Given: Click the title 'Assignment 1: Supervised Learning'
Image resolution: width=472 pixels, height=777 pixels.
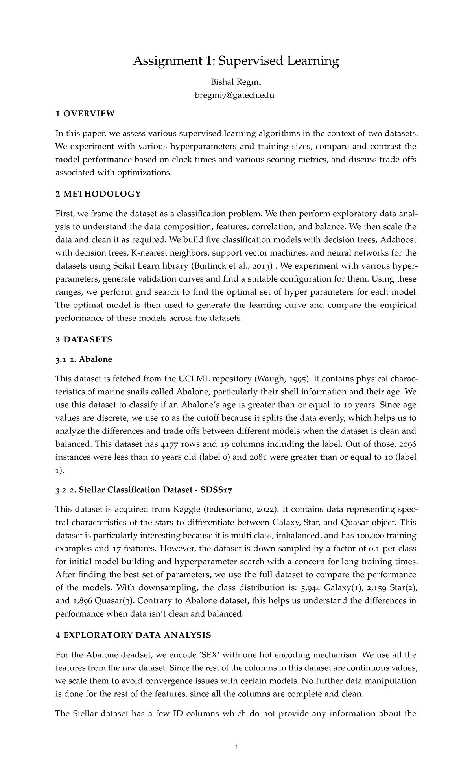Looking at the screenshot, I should click(x=236, y=61).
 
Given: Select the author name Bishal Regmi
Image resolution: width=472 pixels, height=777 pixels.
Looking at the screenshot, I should click(x=236, y=82).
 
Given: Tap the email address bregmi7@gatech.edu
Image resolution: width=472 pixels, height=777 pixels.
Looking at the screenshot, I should click(x=236, y=95).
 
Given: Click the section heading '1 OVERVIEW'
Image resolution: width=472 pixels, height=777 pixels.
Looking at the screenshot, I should click(x=85, y=114).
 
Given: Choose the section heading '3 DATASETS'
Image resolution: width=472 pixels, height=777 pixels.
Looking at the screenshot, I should click(x=84, y=339).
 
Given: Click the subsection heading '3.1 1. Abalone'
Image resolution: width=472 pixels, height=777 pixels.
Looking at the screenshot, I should click(x=84, y=359).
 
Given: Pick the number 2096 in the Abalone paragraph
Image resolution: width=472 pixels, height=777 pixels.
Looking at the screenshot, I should click(x=408, y=444).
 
